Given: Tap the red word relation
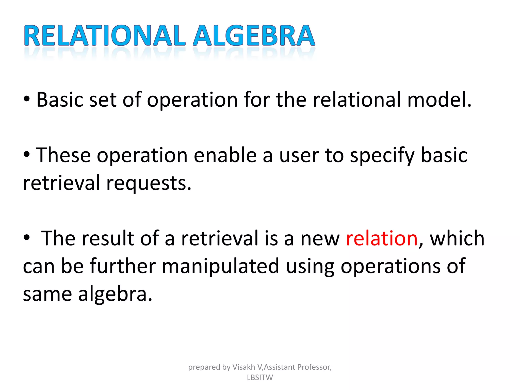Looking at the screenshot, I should point(382,239).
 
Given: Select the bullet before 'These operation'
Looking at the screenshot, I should point(27,155).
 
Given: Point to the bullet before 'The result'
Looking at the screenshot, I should point(27,238).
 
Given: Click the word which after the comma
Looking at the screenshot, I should point(457,239).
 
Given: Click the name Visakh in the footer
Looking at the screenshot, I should point(243,367).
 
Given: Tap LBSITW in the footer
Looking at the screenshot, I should point(260,378).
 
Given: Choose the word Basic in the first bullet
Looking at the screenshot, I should point(60,100).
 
